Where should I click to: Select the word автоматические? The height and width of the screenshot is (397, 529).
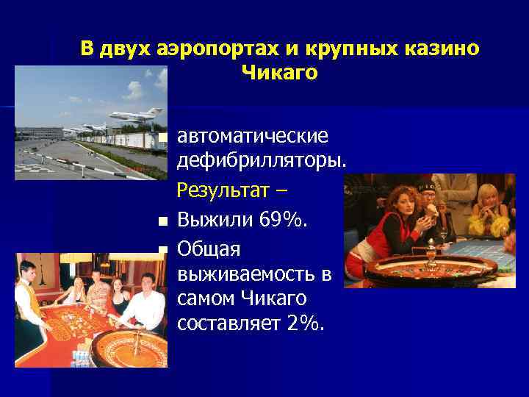pyautogui.click(x=253, y=137)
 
